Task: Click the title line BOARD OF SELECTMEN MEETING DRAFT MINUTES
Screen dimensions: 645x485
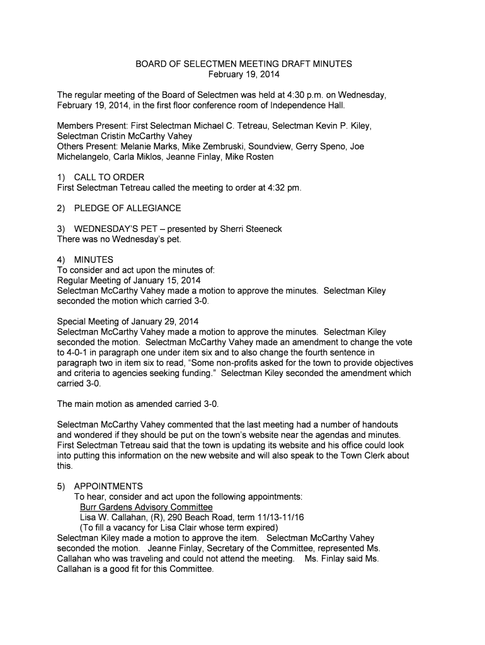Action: point(244,64)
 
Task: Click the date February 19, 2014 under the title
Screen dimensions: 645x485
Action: point(244,74)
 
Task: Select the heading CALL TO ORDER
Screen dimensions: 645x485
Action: point(109,177)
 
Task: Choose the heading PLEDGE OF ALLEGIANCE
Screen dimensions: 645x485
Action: point(127,208)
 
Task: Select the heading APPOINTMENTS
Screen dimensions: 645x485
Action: point(108,486)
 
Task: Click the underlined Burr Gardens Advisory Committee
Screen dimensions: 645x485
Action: point(146,507)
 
